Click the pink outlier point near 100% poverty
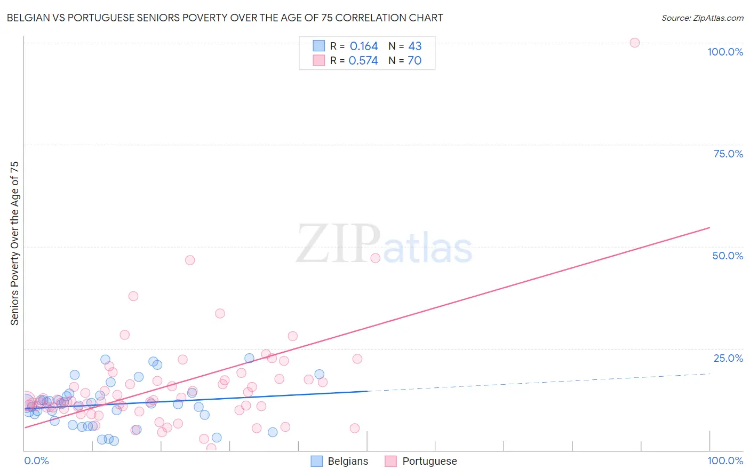634,43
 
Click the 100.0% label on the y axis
725,52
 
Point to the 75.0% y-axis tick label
728,154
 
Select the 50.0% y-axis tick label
728,256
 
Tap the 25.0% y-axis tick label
728,358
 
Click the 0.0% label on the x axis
36,461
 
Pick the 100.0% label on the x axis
725,461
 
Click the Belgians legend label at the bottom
348,462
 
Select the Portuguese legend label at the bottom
429,462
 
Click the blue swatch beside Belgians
317,462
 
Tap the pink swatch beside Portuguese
391,462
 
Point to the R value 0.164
364,46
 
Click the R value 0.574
363,61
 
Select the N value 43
414,46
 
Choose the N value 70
414,61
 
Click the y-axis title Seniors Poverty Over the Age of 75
14,243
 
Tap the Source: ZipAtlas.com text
702,18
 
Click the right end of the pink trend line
709,228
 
